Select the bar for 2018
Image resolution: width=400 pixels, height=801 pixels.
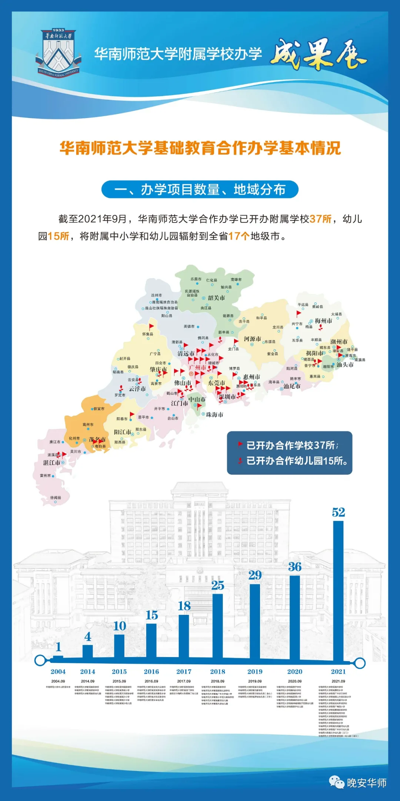pyautogui.click(x=218, y=626)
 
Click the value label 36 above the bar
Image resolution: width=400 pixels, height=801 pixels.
pyautogui.click(x=295, y=567)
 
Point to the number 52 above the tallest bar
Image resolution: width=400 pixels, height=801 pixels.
pyautogui.click(x=339, y=512)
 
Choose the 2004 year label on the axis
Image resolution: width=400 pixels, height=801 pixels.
pyautogui.click(x=58, y=672)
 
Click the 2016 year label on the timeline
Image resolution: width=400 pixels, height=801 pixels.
pyautogui.click(x=151, y=672)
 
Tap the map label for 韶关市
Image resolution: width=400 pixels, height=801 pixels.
pyautogui.click(x=216, y=298)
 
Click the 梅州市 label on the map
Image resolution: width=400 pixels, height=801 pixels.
pyautogui.click(x=323, y=321)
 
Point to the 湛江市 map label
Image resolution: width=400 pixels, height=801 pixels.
pyautogui.click(x=51, y=463)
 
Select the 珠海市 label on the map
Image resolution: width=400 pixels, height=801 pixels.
pyautogui.click(x=214, y=415)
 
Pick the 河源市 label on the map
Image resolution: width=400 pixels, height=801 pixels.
pyautogui.click(x=252, y=339)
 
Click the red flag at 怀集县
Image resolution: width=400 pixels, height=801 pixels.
pyautogui.click(x=151, y=327)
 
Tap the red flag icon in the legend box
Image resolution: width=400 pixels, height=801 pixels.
pyautogui.click(x=240, y=445)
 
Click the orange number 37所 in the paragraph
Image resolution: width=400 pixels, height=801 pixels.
pyautogui.click(x=321, y=219)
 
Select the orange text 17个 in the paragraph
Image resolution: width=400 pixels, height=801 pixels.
pyautogui.click(x=239, y=236)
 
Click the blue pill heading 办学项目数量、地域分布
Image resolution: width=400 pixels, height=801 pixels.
pyautogui.click(x=200, y=189)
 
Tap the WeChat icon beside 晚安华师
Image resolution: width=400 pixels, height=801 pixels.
pyautogui.click(x=337, y=782)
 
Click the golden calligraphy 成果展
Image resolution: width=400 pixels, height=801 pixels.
pyautogui.click(x=319, y=55)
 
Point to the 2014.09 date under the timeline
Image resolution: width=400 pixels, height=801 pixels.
pyautogui.click(x=88, y=681)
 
